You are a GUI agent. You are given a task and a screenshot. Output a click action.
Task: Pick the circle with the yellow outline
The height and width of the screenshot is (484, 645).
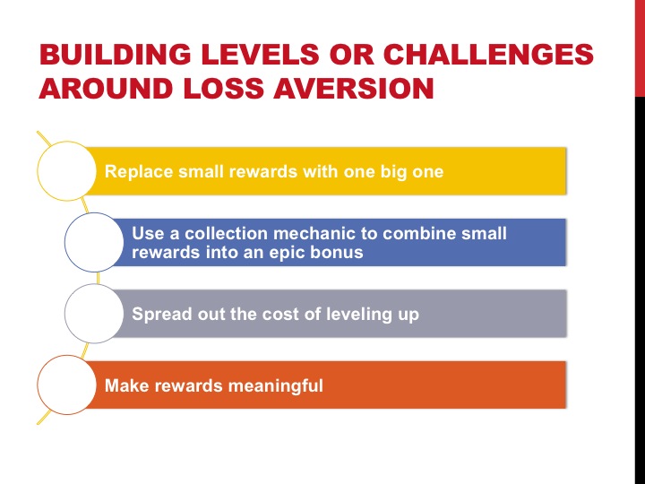point(67,170)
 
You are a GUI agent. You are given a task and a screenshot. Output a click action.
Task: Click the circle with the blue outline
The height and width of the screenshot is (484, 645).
point(94,242)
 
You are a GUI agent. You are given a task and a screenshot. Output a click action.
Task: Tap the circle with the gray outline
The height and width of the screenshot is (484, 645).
point(94,314)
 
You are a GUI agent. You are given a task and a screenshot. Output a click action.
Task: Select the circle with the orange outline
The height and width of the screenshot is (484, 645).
point(67,385)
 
